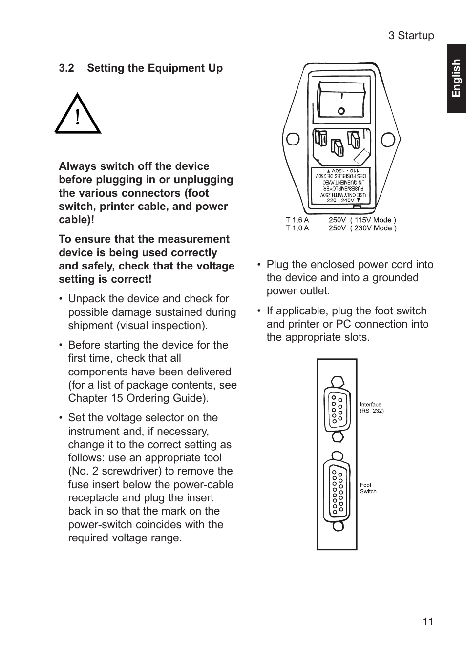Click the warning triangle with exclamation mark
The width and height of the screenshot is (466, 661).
[78, 115]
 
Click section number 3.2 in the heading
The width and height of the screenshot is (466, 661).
[66, 68]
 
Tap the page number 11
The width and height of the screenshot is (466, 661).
[428, 622]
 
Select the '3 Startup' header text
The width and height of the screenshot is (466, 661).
[411, 36]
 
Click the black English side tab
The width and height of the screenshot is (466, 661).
[456, 79]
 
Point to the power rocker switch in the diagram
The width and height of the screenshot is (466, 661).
[341, 100]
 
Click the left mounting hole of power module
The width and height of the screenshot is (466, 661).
[293, 139]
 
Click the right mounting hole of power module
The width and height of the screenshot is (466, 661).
[388, 139]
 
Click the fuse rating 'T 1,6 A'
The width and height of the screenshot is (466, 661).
[297, 220]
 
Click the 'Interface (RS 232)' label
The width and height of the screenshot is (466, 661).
[372, 408]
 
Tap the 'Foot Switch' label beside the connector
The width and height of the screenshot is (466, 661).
[368, 488]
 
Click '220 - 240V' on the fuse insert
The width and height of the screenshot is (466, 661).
[340, 200]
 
